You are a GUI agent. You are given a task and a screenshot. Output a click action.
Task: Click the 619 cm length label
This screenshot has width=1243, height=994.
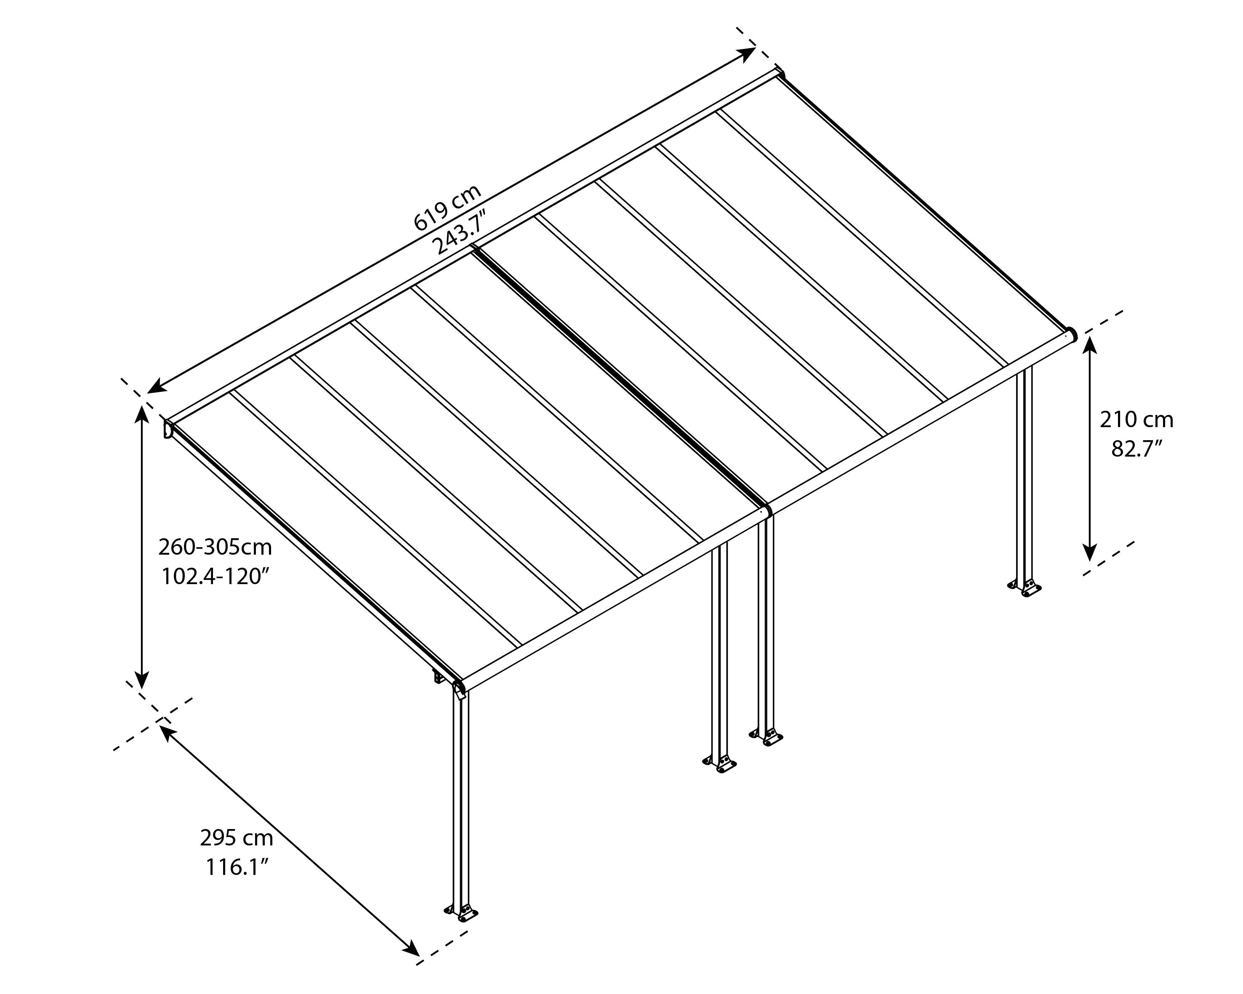(447, 208)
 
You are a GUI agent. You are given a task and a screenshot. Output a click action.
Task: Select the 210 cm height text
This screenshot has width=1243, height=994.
(1136, 420)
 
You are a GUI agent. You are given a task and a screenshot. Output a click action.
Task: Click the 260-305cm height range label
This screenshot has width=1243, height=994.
(215, 547)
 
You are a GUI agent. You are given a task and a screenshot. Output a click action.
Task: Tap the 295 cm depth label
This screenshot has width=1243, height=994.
(237, 837)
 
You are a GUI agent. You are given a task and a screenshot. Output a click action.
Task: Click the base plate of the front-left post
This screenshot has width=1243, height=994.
(462, 928)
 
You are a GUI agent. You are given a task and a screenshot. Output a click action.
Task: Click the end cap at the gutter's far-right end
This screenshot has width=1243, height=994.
(1070, 335)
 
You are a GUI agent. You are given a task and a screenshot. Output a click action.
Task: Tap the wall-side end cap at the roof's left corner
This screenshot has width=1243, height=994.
(168, 429)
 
